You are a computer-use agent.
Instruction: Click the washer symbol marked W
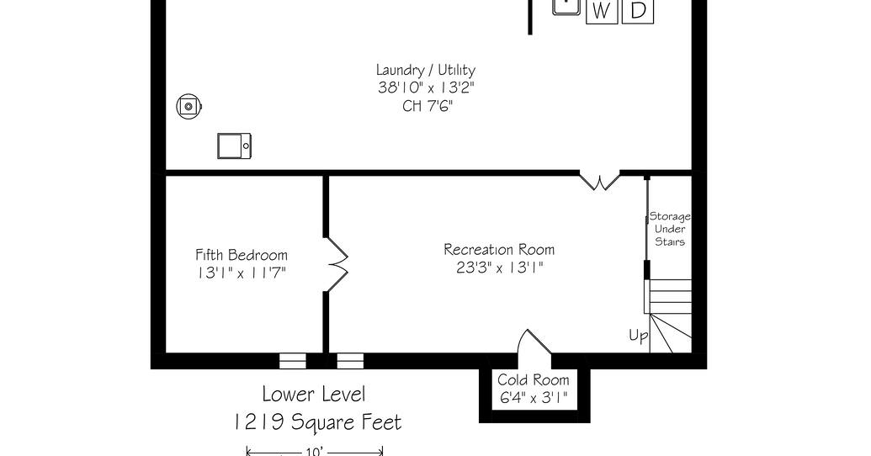click(602, 11)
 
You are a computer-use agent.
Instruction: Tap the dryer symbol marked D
click(638, 11)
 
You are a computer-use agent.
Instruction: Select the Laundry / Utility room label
click(426, 70)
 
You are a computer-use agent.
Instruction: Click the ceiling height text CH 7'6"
click(428, 105)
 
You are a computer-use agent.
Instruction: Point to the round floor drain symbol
click(189, 105)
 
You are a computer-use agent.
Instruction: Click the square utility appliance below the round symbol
click(234, 146)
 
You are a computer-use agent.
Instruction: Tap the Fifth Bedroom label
click(242, 255)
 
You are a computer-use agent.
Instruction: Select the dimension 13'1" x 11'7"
click(242, 273)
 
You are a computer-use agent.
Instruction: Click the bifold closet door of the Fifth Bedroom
click(336, 264)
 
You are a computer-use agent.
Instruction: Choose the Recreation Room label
click(499, 249)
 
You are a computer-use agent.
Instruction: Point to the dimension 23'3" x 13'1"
click(499, 268)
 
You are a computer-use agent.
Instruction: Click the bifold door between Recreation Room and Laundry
click(600, 181)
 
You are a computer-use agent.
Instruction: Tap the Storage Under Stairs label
click(670, 229)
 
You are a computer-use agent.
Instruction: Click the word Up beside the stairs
click(638, 336)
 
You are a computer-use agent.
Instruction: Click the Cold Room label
click(534, 380)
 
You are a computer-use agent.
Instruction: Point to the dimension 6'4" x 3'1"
click(534, 398)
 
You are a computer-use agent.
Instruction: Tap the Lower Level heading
click(314, 395)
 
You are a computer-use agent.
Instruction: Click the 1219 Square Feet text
click(316, 422)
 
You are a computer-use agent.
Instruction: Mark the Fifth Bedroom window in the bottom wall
click(293, 361)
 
